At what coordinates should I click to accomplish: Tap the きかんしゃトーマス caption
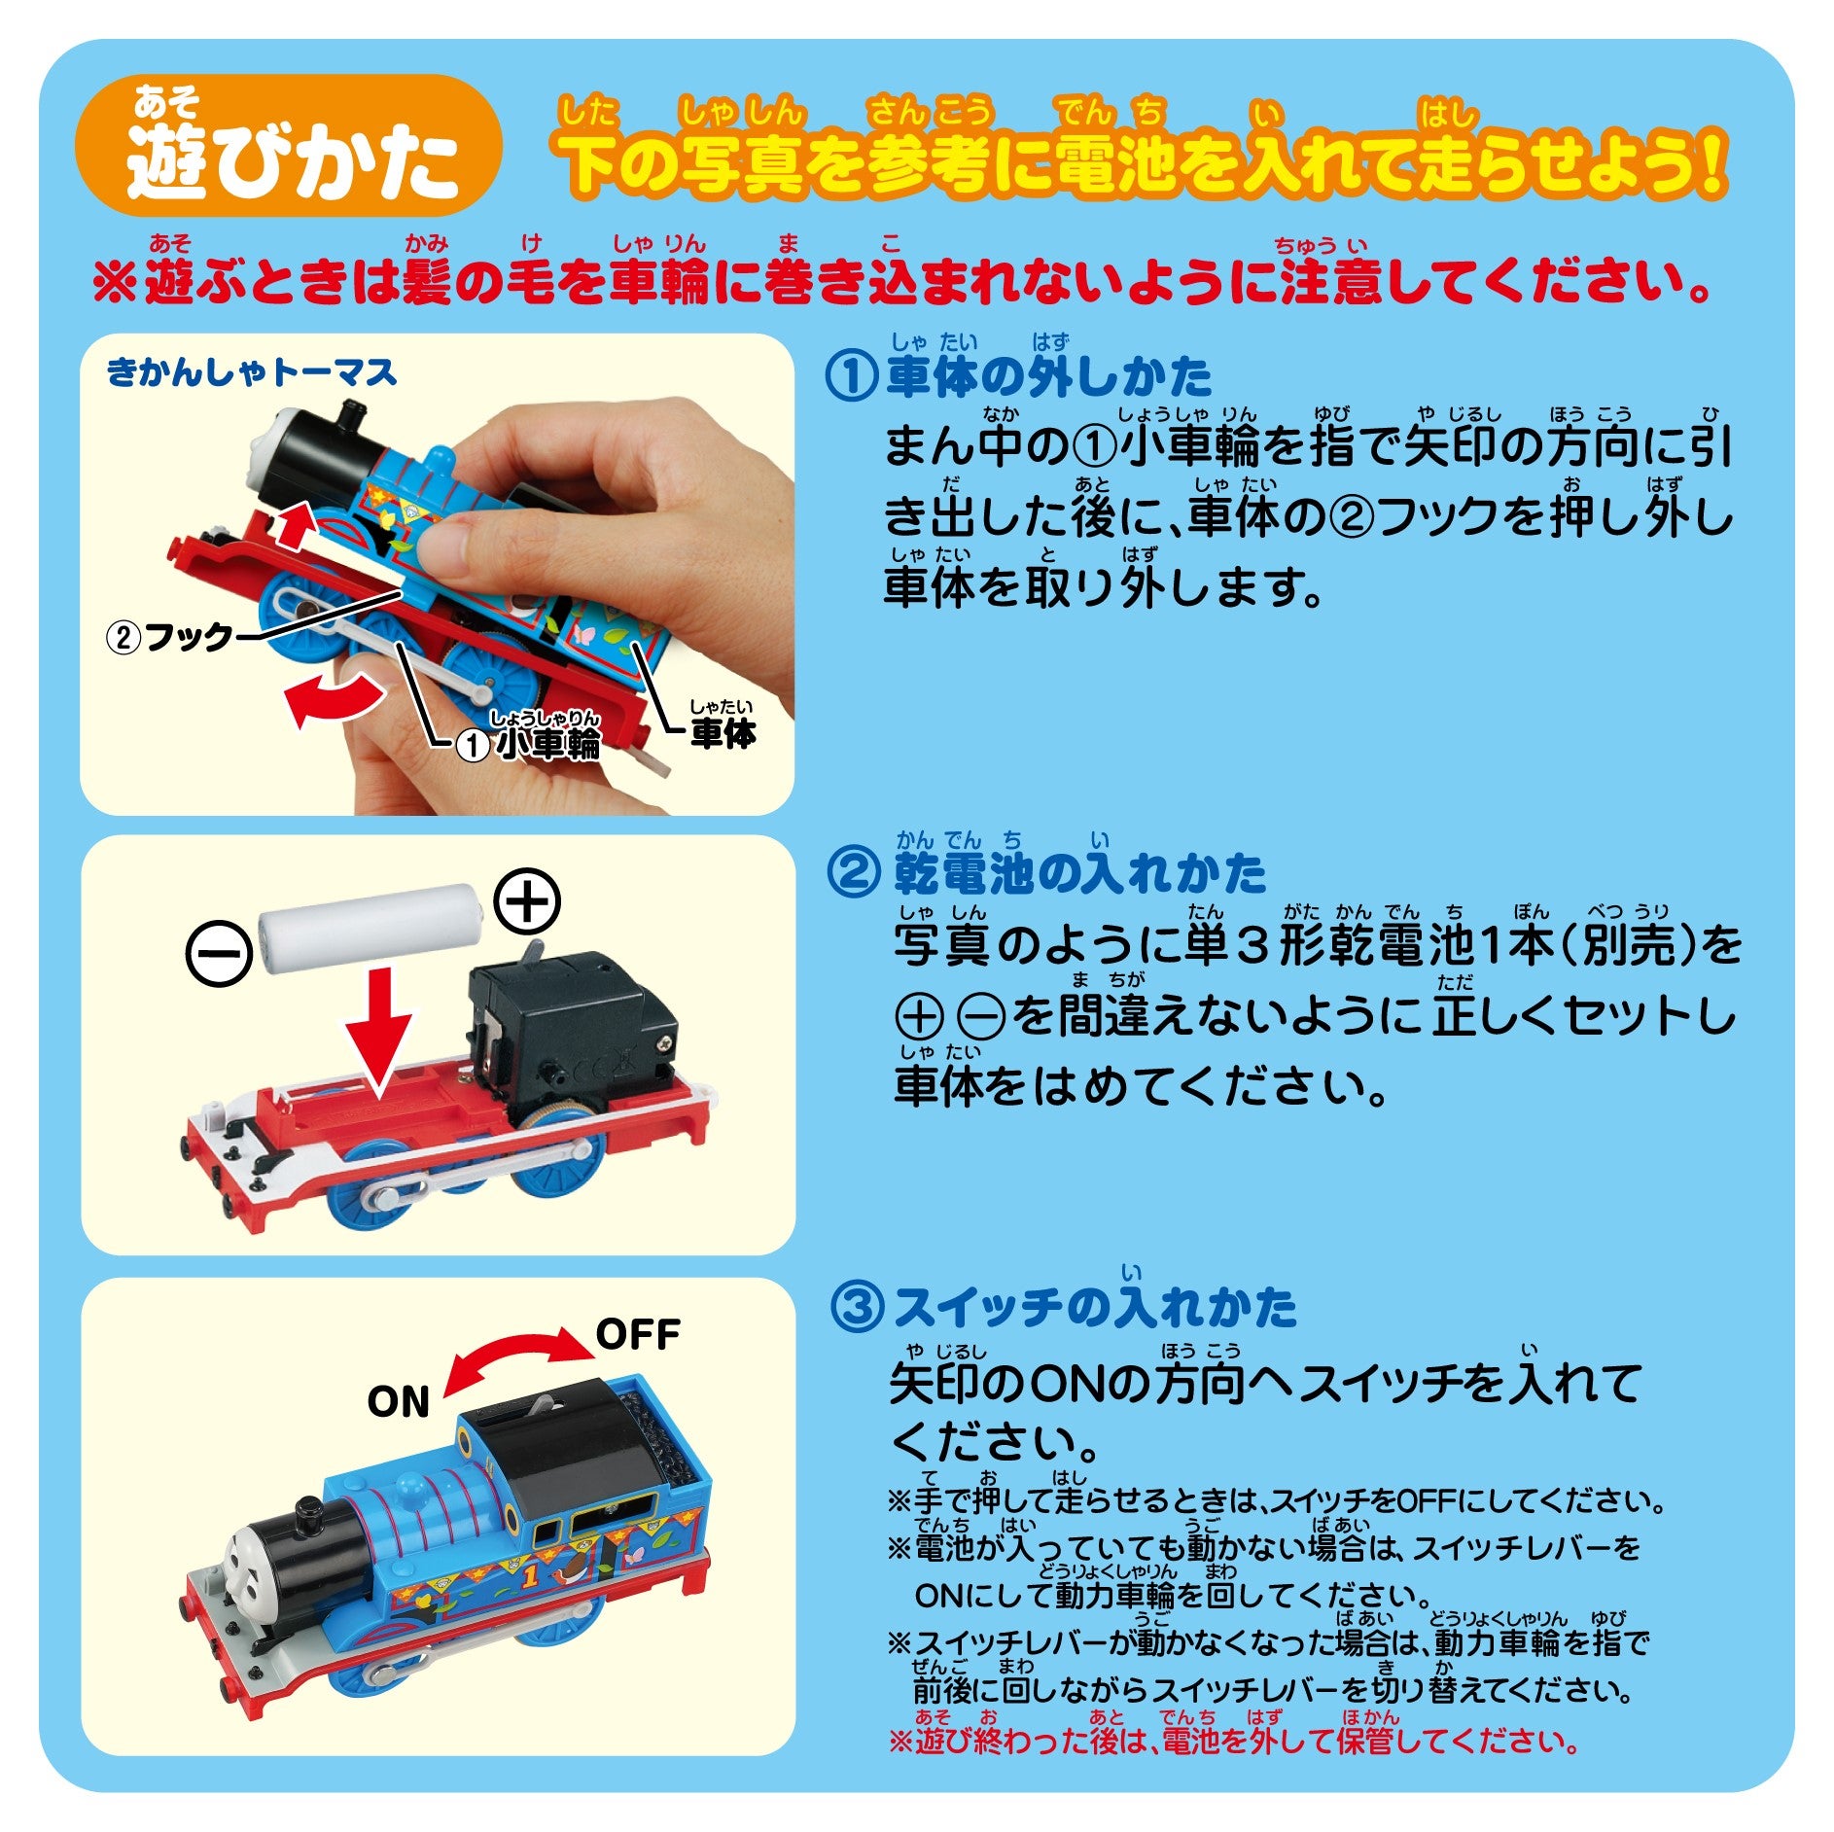[253, 371]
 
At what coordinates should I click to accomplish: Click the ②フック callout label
[169, 638]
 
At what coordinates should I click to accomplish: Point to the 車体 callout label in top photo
[723, 725]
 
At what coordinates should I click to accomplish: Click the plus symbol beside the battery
[528, 901]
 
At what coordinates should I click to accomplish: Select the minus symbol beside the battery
[219, 953]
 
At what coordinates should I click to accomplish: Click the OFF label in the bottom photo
[638, 1334]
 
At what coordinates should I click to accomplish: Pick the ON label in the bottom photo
[398, 1401]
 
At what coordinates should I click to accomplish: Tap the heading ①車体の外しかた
[1018, 376]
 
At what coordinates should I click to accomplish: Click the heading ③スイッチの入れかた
[1065, 1306]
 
